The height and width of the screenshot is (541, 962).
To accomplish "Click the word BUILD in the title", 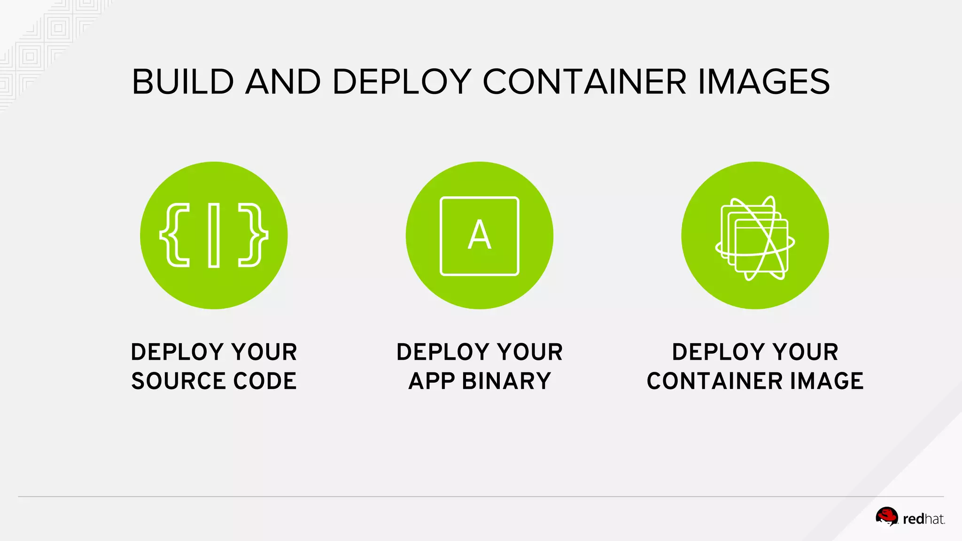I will click(183, 82).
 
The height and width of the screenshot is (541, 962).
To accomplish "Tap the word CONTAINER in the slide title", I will click(585, 82).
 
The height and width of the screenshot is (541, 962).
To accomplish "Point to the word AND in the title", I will click(283, 82).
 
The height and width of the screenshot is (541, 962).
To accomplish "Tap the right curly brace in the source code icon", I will click(254, 235).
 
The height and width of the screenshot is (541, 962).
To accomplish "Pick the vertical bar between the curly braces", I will click(214, 235).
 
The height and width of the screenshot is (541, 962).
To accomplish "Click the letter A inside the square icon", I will click(479, 235).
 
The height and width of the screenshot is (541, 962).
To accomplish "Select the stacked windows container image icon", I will click(755, 238).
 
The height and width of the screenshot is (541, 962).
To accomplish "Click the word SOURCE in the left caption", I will click(178, 381).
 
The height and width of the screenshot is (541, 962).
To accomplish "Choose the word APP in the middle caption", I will click(431, 381).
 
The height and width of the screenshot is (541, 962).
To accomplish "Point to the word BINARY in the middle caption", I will click(506, 381).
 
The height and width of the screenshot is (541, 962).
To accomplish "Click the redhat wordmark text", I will click(923, 519).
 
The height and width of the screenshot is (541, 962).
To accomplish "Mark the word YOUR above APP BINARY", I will click(530, 352).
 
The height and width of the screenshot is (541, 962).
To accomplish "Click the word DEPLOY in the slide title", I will click(402, 82).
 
